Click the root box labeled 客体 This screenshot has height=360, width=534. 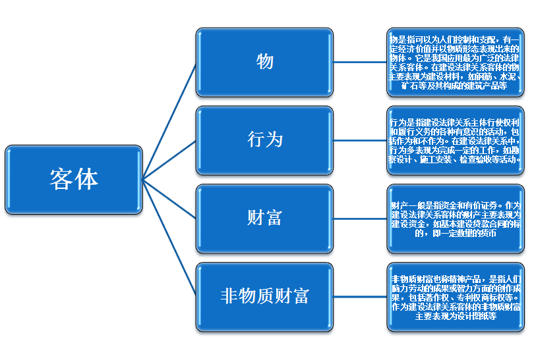pyautogui.click(x=74, y=178)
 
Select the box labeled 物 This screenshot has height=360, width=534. pyautogui.click(x=264, y=62)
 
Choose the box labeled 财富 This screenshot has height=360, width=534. pyautogui.click(x=264, y=218)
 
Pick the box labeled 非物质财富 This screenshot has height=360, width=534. pyautogui.click(x=264, y=296)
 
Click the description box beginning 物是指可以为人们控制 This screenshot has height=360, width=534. pyautogui.click(x=455, y=62)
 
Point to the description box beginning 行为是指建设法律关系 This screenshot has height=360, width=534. pyautogui.click(x=455, y=140)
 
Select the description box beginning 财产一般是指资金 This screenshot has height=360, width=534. pyautogui.click(x=455, y=218)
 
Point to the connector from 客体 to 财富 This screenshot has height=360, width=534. pyautogui.click(x=169, y=197)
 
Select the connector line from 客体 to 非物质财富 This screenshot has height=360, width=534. pyautogui.click(x=169, y=237)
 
